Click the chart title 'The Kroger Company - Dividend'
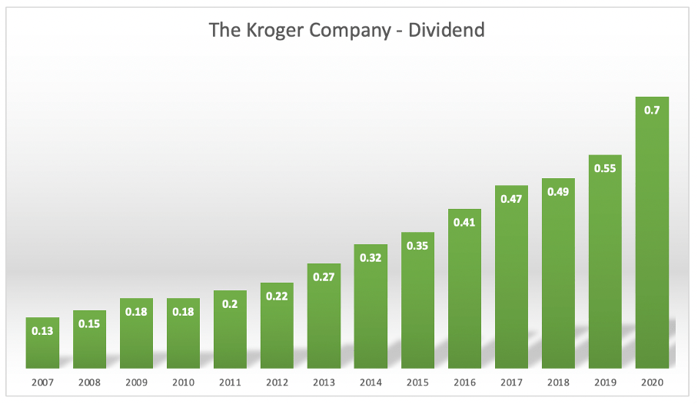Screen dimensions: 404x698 coord(347,30)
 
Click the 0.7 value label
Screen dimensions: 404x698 coord(652,110)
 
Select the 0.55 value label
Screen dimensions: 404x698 coord(605,168)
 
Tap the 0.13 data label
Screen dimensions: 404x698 coord(42,331)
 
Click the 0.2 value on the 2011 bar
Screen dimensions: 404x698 coord(230,303)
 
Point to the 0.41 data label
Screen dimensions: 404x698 coord(464,222)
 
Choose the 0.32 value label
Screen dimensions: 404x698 coord(371,258)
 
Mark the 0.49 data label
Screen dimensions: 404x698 coord(558,191)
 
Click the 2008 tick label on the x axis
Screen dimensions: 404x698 coord(89,382)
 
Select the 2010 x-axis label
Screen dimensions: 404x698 coord(183,382)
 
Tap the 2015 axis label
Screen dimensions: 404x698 coord(417,382)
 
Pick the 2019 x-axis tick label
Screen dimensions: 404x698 coord(605,382)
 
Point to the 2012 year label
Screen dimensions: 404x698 coord(277,382)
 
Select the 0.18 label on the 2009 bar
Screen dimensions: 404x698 coord(136,312)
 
